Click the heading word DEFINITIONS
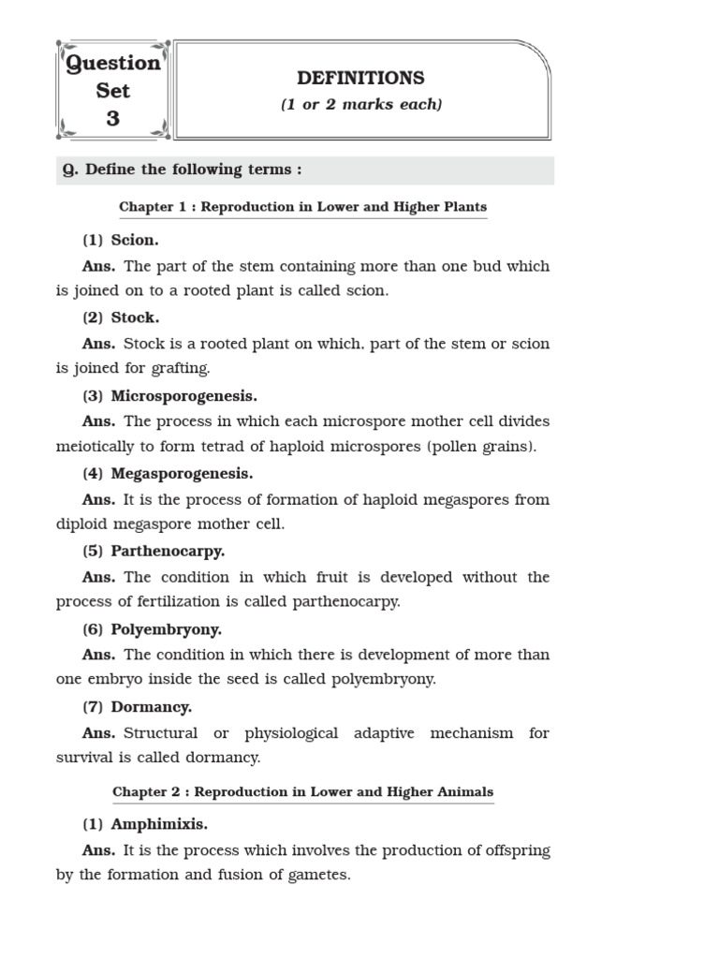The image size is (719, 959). [x=360, y=79]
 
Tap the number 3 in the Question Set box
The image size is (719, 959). [x=112, y=119]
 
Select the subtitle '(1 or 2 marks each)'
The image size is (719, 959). [x=360, y=105]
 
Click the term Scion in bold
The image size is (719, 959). [x=135, y=240]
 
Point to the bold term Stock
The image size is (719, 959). [x=135, y=317]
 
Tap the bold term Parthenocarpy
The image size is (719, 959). [x=168, y=551]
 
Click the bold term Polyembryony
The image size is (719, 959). [x=166, y=629]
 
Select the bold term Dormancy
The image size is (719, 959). [x=151, y=707]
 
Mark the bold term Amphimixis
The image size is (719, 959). [x=159, y=824]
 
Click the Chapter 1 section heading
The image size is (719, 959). [x=302, y=206]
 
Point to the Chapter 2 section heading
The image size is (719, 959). [x=302, y=791]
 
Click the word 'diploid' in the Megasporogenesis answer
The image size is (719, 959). [x=81, y=524]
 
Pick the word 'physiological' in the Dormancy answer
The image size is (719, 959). [x=291, y=733]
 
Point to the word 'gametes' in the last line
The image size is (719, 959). [x=321, y=876]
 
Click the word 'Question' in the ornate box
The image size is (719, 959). [x=112, y=64]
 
